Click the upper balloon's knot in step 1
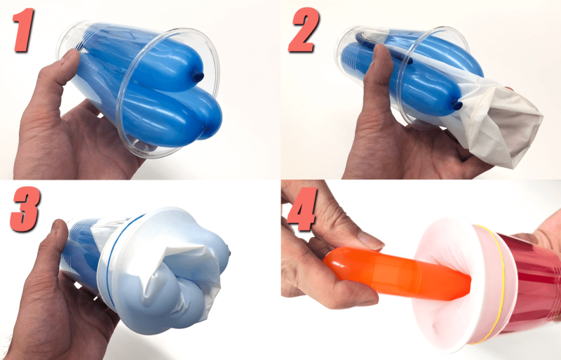pyautogui.click(x=198, y=74)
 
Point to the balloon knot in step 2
pyautogui.click(x=458, y=105)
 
